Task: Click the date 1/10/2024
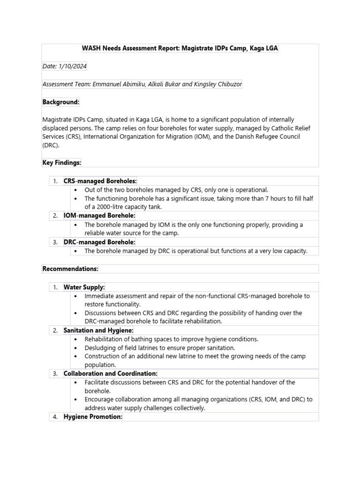click(x=72, y=67)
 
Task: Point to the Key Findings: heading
click(x=62, y=162)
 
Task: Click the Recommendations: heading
click(x=70, y=269)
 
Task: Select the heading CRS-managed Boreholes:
click(x=100, y=181)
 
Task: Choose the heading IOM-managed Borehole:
click(x=99, y=216)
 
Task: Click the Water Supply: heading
click(x=84, y=287)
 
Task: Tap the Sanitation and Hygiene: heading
click(x=98, y=330)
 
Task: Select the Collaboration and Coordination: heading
click(x=111, y=374)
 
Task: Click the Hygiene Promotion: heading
click(x=93, y=417)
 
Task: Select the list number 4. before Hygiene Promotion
click(x=55, y=417)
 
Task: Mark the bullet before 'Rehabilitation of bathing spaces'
click(x=76, y=339)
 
